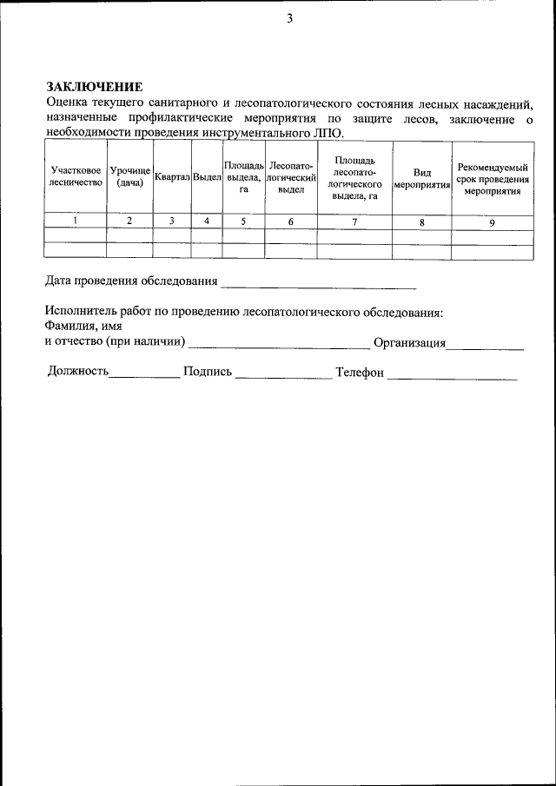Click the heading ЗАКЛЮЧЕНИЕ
click(x=93, y=87)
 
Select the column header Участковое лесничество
click(x=76, y=176)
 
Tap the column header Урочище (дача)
click(x=129, y=176)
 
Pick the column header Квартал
click(x=172, y=176)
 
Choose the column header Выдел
click(x=207, y=176)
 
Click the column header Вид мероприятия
click(x=421, y=178)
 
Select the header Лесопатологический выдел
click(x=290, y=176)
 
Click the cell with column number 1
click(x=76, y=221)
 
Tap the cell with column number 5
click(x=243, y=221)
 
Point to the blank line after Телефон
click(x=452, y=378)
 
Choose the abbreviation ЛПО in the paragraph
click(x=328, y=134)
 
